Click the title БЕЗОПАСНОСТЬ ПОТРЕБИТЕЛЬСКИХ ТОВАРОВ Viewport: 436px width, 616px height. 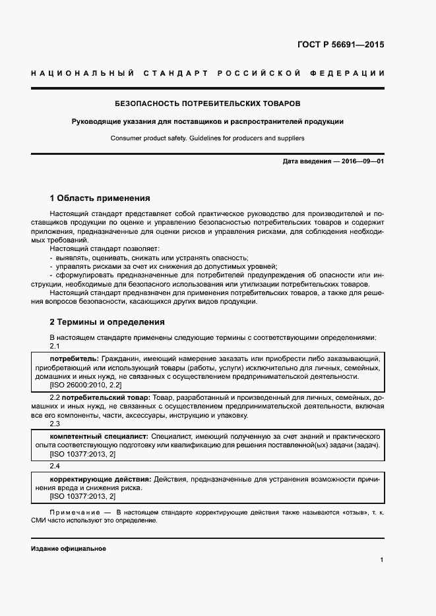208,104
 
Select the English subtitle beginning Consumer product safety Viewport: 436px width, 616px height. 208,138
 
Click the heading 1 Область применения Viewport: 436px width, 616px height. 100,198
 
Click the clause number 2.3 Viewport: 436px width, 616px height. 55,424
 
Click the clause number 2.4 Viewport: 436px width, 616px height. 55,466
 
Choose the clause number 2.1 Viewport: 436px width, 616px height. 55,346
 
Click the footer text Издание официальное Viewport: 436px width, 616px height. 68,548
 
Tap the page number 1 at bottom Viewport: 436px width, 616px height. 381,559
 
